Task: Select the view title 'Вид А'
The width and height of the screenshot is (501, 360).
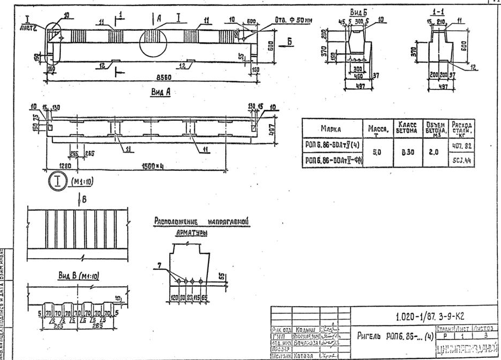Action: click(x=161, y=92)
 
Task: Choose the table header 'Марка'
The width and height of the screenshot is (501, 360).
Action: click(x=334, y=129)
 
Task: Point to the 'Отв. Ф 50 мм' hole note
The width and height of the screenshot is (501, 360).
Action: click(x=293, y=20)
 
